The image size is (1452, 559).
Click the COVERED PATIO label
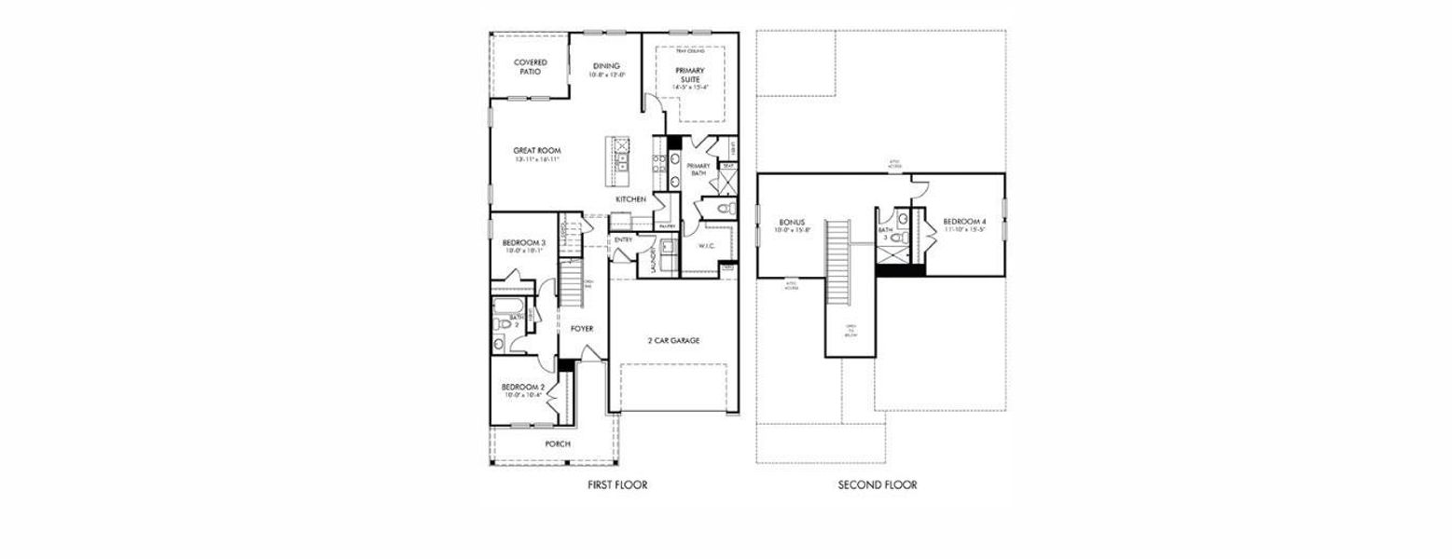click(530, 67)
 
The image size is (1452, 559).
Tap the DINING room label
click(606, 66)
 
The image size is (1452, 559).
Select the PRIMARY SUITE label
click(690, 75)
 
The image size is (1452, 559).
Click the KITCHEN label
click(630, 199)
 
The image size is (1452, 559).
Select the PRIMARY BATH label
click(698, 170)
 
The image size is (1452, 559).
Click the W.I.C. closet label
click(706, 246)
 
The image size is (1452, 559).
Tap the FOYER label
click(582, 329)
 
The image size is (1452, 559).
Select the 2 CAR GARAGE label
click(673, 341)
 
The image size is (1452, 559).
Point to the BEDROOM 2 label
click(521, 387)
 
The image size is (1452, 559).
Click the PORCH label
click(558, 443)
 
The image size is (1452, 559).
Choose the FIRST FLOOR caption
click(616, 484)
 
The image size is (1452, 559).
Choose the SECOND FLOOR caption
click(877, 484)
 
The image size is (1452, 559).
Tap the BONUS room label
click(792, 223)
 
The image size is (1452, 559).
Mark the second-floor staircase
click(839, 261)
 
